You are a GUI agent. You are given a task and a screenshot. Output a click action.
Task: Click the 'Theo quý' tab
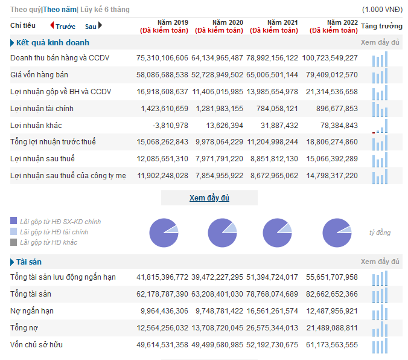[x=25, y=10]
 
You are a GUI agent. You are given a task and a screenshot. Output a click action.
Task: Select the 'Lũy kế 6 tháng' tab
[x=105, y=10]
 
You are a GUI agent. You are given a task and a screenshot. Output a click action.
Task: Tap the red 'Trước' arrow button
[x=52, y=25]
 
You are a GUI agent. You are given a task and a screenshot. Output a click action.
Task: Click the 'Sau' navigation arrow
[x=100, y=25]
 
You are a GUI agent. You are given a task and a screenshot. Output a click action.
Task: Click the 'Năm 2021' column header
[x=282, y=22]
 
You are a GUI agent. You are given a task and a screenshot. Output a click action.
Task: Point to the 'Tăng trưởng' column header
[x=381, y=26]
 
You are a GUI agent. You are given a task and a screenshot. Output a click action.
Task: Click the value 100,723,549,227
[x=330, y=58]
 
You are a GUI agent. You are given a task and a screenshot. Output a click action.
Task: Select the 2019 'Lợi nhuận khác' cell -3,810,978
[x=170, y=126]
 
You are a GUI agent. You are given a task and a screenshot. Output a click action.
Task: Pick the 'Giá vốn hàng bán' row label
[x=39, y=75]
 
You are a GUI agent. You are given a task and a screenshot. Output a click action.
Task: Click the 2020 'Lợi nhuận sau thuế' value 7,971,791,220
[x=219, y=159]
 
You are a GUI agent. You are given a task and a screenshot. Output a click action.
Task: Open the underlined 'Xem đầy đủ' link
[x=209, y=198]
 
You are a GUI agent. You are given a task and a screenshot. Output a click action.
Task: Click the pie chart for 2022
[x=337, y=233]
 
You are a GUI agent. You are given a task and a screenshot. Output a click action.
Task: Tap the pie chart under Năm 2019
[x=164, y=233]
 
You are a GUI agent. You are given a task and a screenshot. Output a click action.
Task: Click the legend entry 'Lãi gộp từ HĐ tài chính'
[x=54, y=232]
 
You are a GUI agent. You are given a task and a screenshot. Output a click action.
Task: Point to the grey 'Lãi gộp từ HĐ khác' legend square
[x=13, y=242]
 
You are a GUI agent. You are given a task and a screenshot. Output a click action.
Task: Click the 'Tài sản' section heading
[x=29, y=262]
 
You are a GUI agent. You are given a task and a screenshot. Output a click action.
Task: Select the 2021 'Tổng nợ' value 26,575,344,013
[x=272, y=328]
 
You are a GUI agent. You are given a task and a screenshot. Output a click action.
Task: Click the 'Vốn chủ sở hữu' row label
[x=36, y=345]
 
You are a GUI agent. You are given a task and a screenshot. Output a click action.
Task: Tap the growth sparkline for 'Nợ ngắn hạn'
[x=380, y=312]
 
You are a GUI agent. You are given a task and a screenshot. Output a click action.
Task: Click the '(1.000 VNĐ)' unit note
[x=382, y=10]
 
